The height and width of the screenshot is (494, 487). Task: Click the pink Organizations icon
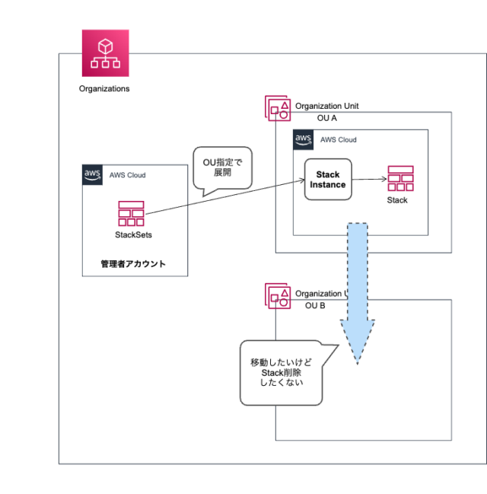click(106, 53)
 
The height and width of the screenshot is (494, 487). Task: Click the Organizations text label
click(104, 89)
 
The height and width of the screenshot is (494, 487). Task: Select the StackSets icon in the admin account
click(132, 214)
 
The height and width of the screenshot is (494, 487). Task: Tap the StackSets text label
click(133, 235)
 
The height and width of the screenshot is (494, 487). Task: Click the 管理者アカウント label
click(133, 264)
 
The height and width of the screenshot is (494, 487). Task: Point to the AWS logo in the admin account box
click(93, 175)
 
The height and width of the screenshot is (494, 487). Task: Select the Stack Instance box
click(328, 180)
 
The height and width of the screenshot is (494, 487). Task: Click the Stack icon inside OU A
click(399, 179)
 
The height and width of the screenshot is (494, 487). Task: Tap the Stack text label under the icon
click(397, 200)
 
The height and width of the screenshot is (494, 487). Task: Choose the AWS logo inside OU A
click(304, 139)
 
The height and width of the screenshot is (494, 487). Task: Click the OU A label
click(326, 119)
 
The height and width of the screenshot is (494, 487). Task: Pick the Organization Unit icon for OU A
click(277, 108)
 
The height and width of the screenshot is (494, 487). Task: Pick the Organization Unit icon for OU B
click(277, 295)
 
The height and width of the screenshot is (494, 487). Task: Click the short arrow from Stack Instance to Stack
click(369, 180)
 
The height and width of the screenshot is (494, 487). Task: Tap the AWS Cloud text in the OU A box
click(338, 140)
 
